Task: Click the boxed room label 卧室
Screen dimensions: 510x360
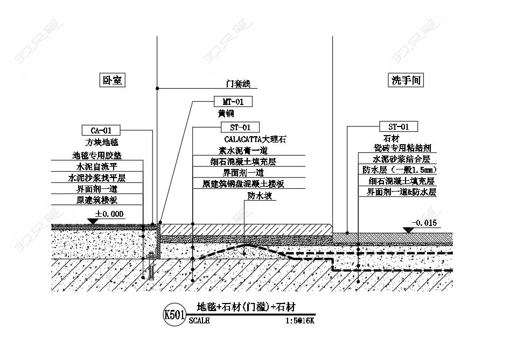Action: (x=112, y=80)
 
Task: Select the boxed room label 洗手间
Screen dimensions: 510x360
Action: (x=406, y=80)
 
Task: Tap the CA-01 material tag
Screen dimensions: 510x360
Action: (x=101, y=131)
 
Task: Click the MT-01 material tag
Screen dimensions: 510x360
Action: (x=233, y=102)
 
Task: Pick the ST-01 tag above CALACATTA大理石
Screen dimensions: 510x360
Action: (x=240, y=128)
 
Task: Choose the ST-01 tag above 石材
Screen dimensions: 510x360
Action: (x=399, y=126)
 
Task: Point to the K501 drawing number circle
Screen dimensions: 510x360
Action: (x=174, y=314)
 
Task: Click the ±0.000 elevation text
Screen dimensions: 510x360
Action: (x=109, y=214)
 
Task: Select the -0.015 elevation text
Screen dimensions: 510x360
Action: (x=424, y=223)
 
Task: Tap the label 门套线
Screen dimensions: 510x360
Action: (x=239, y=84)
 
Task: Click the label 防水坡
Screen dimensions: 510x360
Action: (x=260, y=195)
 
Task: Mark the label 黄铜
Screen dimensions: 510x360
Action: (x=226, y=114)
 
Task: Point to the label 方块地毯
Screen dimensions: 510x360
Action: (x=102, y=142)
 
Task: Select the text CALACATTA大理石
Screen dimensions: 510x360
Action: (x=255, y=139)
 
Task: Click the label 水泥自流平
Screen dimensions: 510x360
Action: (x=97, y=167)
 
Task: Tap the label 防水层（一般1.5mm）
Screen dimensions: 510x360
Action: (x=400, y=170)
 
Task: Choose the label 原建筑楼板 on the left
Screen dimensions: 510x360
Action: (x=97, y=200)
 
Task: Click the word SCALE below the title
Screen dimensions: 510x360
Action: (x=199, y=321)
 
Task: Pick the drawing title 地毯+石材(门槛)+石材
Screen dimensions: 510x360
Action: (x=246, y=307)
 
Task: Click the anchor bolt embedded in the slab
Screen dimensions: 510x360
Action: (x=151, y=265)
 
